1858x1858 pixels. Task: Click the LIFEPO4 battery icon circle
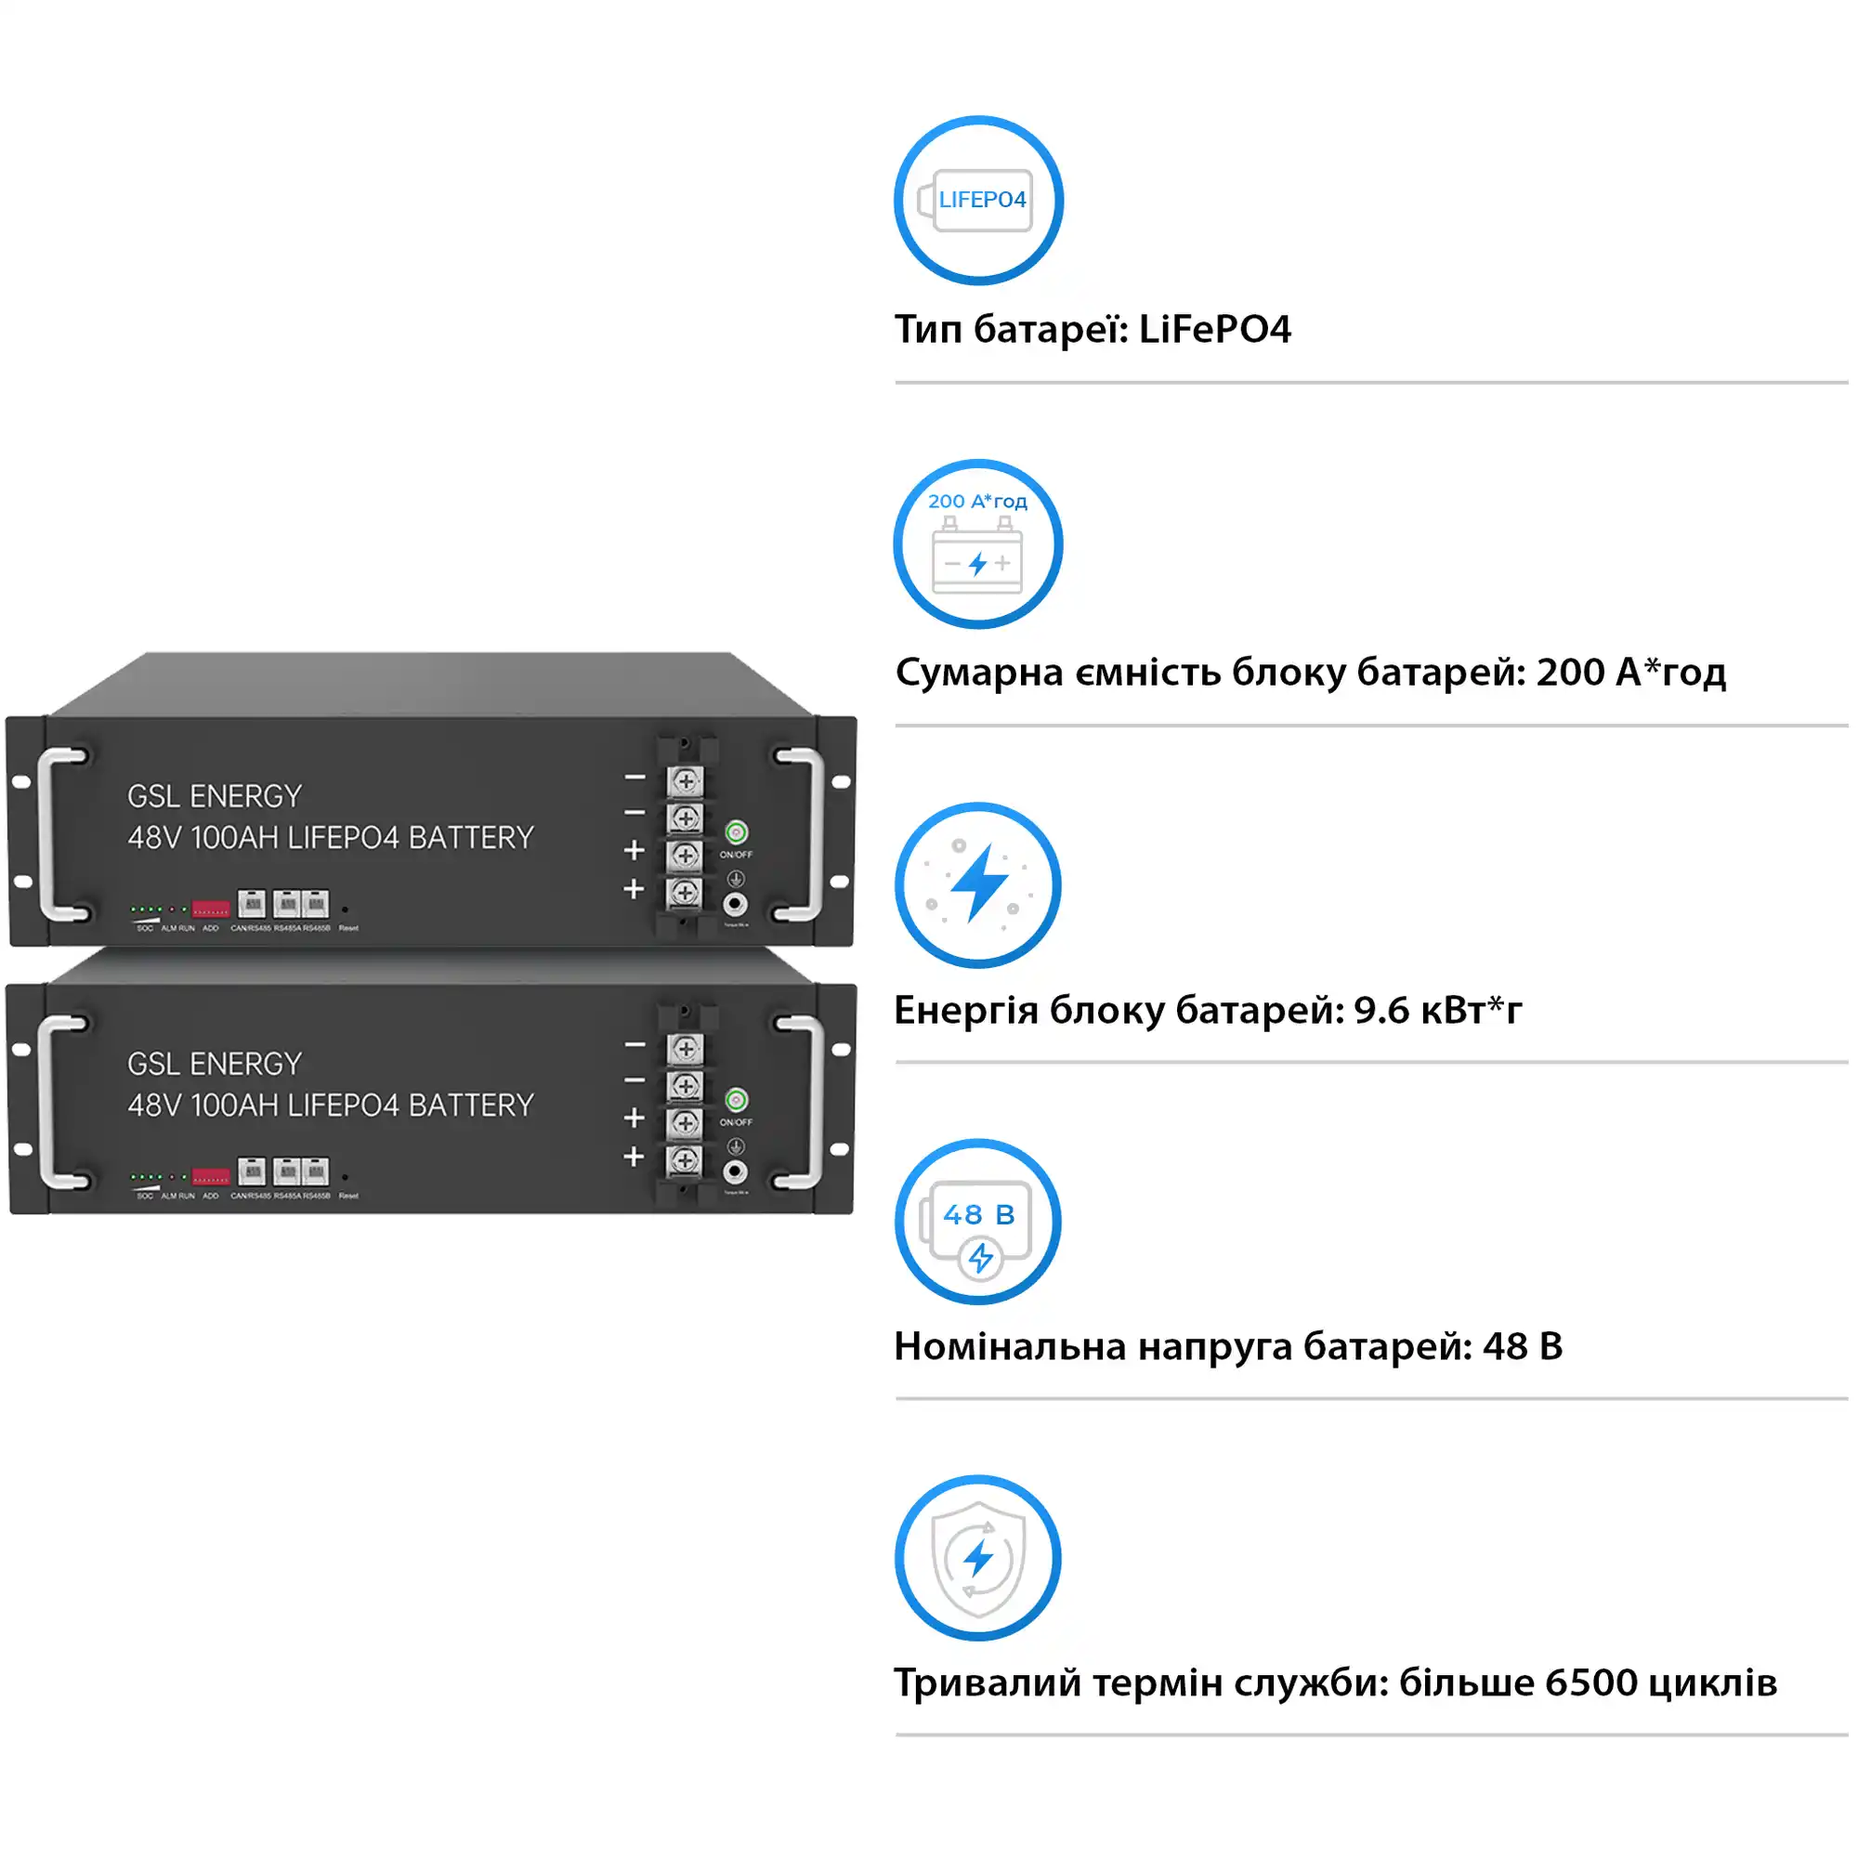[x=978, y=200]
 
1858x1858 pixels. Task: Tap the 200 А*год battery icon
[x=978, y=544]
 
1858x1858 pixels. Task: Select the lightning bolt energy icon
[x=978, y=884]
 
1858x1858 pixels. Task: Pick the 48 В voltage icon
[x=978, y=1222]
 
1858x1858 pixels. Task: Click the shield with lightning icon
[x=978, y=1558]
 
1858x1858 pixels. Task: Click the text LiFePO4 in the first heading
[x=1213, y=330]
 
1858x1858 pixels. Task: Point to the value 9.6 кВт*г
[x=1438, y=1011]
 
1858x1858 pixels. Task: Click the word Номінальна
[x=1010, y=1346]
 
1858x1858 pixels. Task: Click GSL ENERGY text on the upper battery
[x=215, y=796]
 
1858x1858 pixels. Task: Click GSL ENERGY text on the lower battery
[x=215, y=1064]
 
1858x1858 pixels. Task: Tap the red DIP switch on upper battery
[x=211, y=909]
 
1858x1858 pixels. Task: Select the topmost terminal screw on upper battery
[x=686, y=781]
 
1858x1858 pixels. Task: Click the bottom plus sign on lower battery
[x=634, y=1156]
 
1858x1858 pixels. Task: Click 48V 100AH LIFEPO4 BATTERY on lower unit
[x=330, y=1105]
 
